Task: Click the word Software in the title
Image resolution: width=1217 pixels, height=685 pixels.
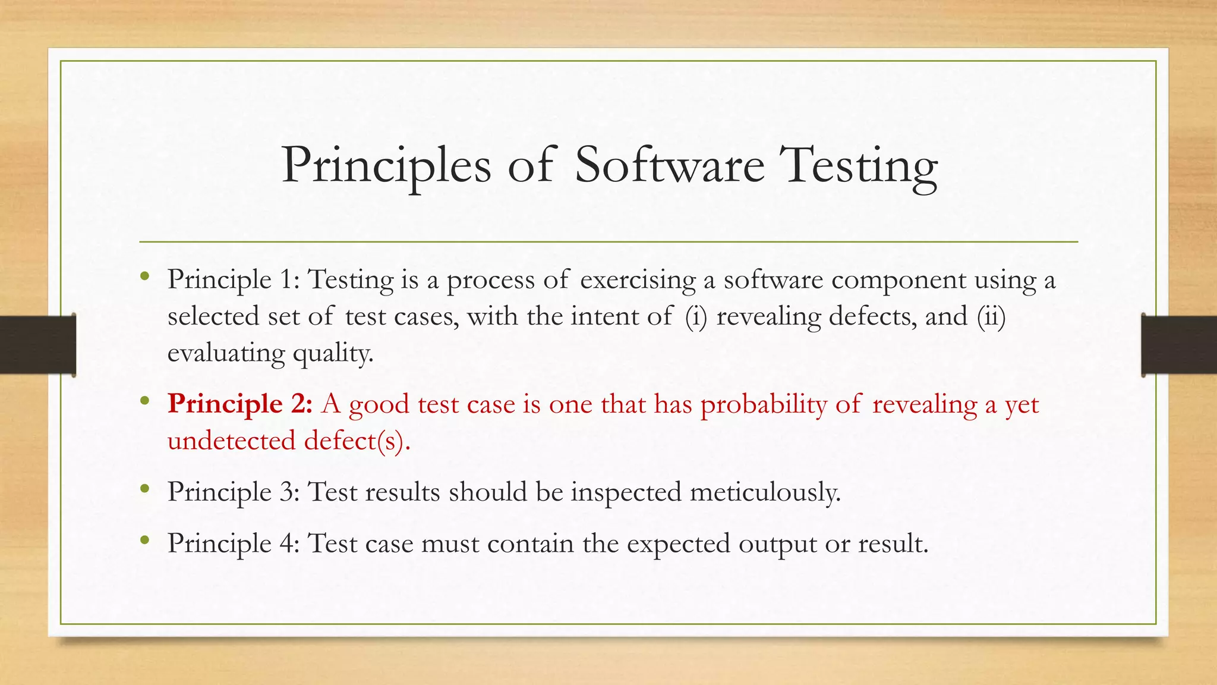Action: click(670, 165)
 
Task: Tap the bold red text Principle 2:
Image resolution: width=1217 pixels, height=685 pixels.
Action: click(239, 404)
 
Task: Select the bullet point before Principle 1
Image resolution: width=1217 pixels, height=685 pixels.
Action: click(144, 276)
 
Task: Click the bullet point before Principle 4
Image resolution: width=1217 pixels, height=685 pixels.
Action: click(144, 540)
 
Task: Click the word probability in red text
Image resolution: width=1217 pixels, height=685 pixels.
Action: click(764, 405)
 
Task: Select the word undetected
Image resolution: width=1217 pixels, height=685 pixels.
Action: click(231, 441)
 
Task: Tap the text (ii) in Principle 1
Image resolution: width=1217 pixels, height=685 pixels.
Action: click(991, 316)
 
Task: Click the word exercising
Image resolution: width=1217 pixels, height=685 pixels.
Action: click(638, 280)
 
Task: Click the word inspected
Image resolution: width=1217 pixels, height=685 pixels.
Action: click(626, 492)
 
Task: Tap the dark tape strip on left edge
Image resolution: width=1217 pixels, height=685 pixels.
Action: click(37, 345)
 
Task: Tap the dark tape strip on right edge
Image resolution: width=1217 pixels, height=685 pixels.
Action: click(1179, 345)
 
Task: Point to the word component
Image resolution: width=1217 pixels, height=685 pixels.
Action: click(898, 280)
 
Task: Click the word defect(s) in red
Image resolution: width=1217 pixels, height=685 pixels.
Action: click(357, 441)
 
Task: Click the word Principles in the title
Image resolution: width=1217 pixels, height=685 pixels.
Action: click(386, 165)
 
